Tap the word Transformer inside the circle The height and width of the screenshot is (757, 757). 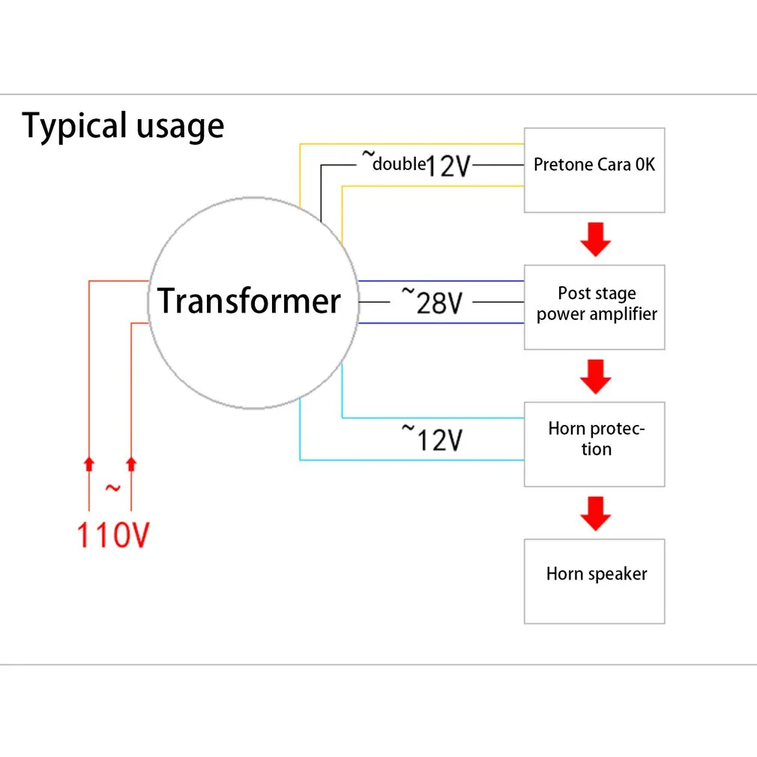pos(249,301)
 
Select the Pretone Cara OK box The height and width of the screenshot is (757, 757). pos(594,170)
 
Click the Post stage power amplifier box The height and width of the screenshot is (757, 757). pos(594,307)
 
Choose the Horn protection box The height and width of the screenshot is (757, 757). pos(594,444)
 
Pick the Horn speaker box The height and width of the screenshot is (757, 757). pos(594,582)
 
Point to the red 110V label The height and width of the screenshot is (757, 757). pos(113,535)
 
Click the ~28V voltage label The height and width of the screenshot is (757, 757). pos(432,301)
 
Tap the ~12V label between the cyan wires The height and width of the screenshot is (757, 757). pos(432,438)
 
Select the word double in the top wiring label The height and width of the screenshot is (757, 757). pos(399,164)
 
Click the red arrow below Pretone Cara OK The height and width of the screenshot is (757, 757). pos(596,239)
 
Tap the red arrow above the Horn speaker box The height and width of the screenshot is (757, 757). pos(596,513)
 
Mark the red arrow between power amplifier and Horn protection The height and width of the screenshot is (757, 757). pos(596,376)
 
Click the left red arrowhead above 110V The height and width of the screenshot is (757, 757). pos(89,464)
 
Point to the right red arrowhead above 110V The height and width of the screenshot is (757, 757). pos(131,464)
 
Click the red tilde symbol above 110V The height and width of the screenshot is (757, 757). pos(113,488)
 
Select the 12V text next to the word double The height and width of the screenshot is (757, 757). pos(448,166)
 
